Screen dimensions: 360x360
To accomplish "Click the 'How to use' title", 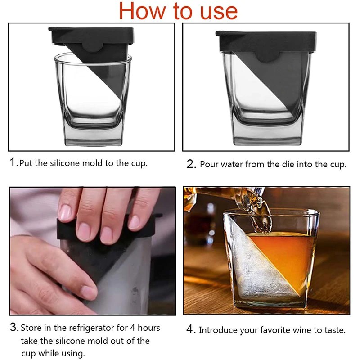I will coord(179,11).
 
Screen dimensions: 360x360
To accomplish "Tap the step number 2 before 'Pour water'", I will coord(191,164).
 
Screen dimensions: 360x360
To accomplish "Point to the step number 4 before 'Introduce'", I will coord(191,330).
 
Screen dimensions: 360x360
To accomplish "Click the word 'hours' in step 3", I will coord(148,328).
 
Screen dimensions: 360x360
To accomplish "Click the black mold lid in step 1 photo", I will coord(90,33).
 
